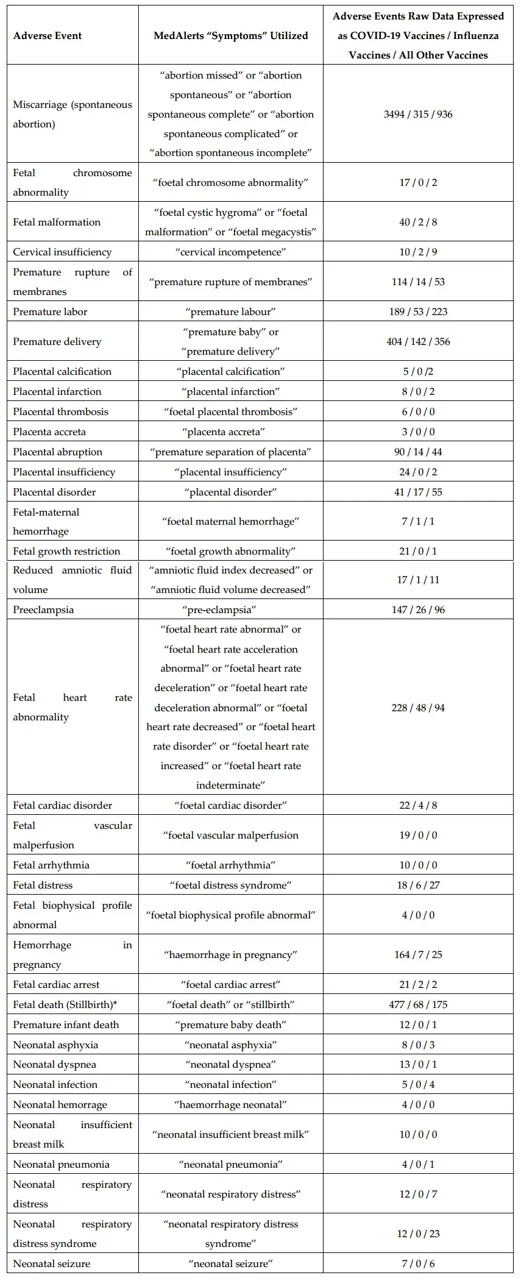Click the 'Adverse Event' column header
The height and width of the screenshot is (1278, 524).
(x=48, y=35)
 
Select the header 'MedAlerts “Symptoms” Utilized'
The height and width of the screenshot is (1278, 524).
(x=231, y=35)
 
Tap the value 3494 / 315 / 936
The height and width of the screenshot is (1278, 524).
(x=418, y=114)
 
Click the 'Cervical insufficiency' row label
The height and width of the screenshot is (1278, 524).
(x=62, y=252)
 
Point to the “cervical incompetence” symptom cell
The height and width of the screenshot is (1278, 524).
(x=231, y=252)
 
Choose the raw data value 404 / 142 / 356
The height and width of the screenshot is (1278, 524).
(x=418, y=341)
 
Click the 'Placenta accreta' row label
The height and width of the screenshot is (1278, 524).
(x=49, y=431)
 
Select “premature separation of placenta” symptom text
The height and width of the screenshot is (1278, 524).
(x=231, y=452)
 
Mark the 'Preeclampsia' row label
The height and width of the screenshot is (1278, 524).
(x=43, y=609)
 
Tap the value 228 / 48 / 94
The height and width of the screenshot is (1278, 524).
(x=418, y=708)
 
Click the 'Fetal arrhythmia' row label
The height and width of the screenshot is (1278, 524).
(x=51, y=865)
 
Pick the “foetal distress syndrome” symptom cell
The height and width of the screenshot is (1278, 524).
(x=231, y=885)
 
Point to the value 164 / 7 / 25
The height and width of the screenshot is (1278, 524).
(x=418, y=954)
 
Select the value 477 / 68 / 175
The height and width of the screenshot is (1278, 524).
(x=418, y=1004)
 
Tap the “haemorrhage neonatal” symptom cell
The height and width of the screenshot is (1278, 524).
(x=231, y=1104)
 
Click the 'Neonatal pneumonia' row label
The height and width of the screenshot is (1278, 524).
(x=62, y=1164)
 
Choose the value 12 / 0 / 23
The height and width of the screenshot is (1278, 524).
(x=418, y=1234)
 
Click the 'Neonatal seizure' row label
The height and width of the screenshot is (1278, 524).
(x=51, y=1263)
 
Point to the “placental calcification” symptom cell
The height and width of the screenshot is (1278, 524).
(x=231, y=371)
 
